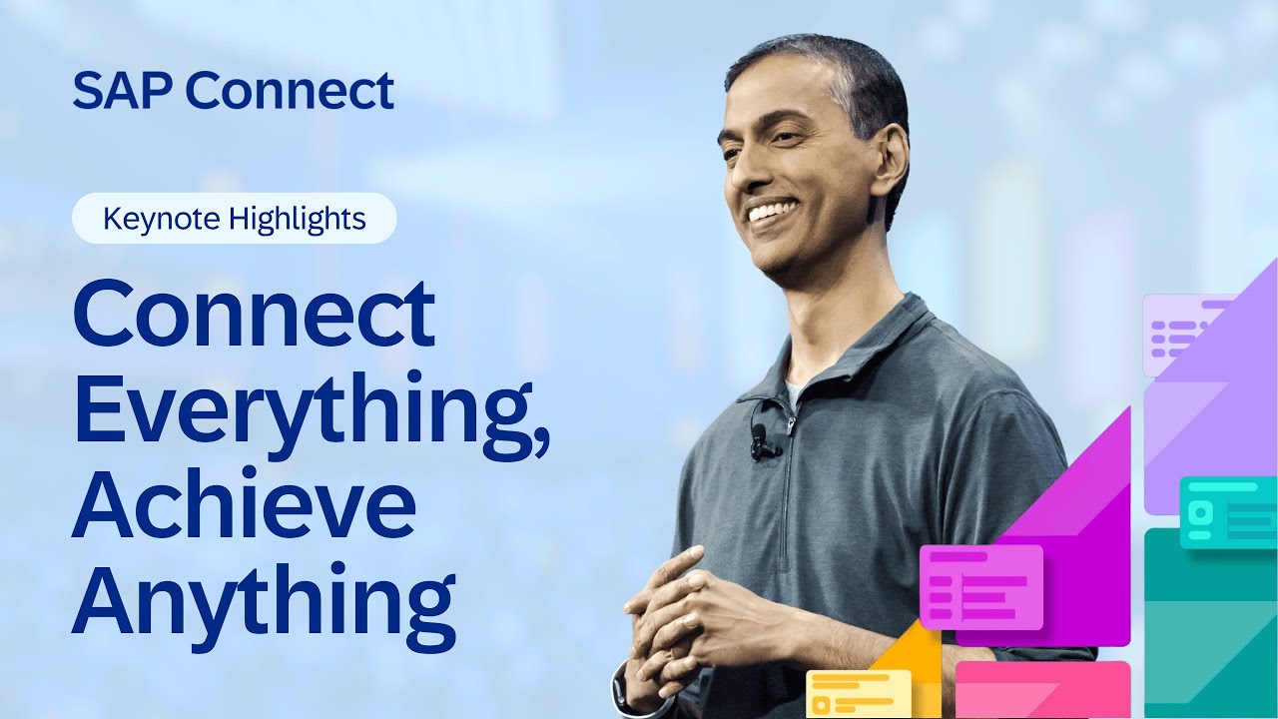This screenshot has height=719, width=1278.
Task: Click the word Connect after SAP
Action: tap(290, 90)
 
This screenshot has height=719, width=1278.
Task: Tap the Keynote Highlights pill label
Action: tap(235, 219)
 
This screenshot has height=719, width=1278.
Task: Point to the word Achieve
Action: tap(244, 506)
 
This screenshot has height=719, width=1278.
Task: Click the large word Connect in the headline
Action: tap(254, 314)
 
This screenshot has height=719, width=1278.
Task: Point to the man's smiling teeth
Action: tap(773, 211)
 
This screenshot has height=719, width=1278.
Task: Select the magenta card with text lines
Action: tap(980, 586)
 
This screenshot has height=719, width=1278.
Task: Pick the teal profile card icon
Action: tap(1227, 512)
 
